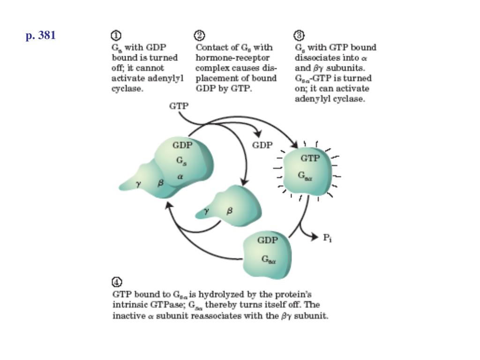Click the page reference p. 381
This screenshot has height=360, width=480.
tap(41, 36)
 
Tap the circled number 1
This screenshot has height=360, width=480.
tap(116, 36)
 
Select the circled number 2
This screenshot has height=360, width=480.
tap(200, 36)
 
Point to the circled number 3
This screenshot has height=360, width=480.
tap(299, 36)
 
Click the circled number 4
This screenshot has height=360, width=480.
tap(117, 282)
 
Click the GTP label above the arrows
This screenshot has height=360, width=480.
tap(179, 106)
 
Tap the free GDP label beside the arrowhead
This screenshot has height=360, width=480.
tap(262, 145)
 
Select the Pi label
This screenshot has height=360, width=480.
tap(327, 238)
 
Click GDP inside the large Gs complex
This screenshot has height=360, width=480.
tap(182, 145)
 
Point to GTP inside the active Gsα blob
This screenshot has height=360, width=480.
tap(310, 158)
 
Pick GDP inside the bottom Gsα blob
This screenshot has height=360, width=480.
tap(268, 240)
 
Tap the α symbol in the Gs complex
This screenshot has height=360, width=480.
tap(180, 177)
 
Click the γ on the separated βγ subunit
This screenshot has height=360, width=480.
tap(207, 211)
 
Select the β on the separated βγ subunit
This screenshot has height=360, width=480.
tap(229, 210)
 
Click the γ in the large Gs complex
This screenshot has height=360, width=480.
tap(138, 184)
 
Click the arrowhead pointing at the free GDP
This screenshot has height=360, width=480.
tap(258, 133)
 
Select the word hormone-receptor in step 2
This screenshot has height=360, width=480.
tap(232, 58)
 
